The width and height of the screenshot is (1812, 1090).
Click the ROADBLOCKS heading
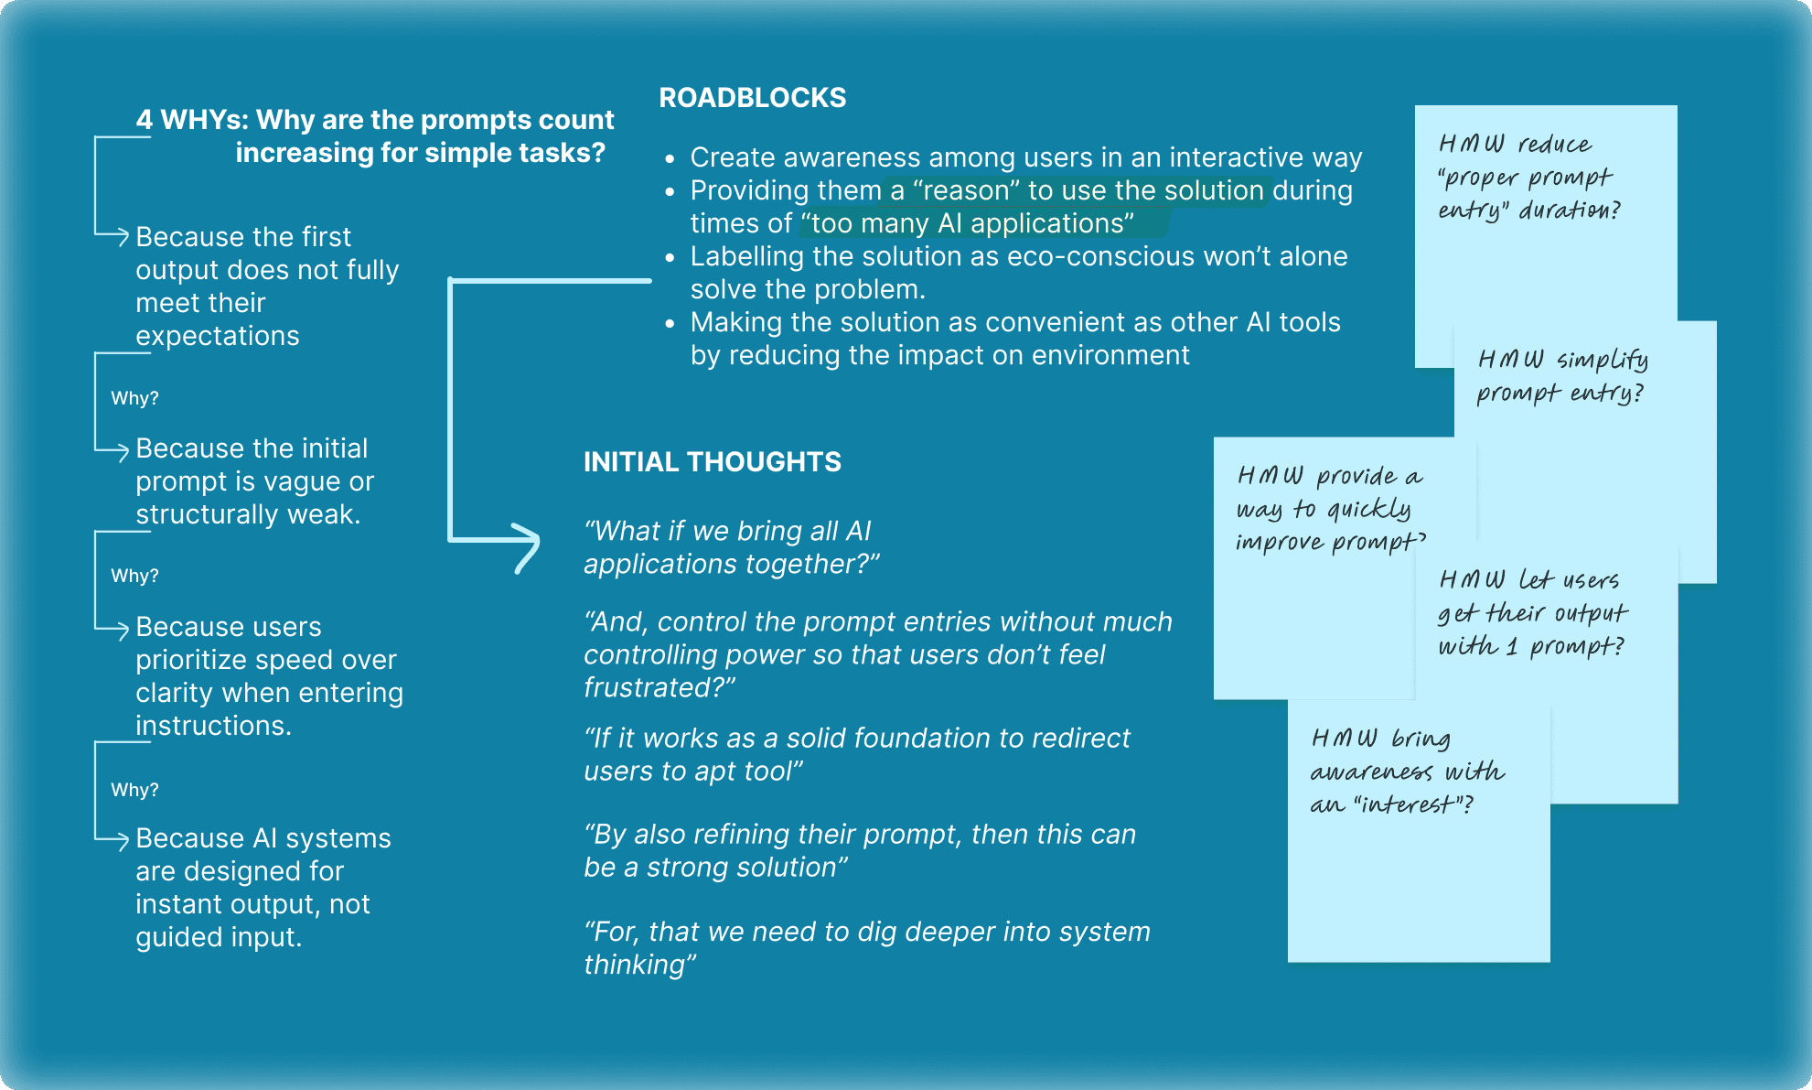click(x=752, y=98)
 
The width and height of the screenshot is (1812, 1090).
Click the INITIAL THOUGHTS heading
click(x=712, y=462)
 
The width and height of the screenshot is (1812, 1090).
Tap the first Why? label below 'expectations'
click(x=134, y=398)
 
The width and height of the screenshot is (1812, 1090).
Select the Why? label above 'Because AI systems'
click(x=134, y=790)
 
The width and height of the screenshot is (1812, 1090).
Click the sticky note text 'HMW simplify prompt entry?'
click(x=1562, y=376)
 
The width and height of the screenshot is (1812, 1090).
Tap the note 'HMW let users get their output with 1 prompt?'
click(x=1532, y=613)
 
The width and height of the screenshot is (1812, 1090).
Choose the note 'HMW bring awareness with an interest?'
click(x=1407, y=772)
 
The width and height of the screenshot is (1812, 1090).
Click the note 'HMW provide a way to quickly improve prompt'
click(x=1329, y=509)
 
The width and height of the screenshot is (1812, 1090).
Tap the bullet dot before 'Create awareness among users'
click(x=670, y=159)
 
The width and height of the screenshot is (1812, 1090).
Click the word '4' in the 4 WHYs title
click(x=144, y=120)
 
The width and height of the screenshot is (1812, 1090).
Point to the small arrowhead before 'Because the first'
click(x=122, y=236)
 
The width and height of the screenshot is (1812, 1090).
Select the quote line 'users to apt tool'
click(x=693, y=772)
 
